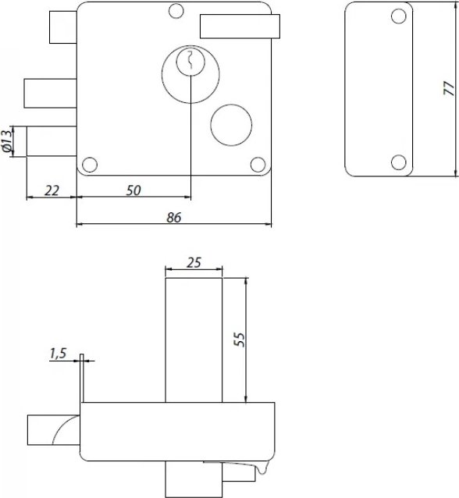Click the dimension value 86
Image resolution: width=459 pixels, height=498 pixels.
click(174, 218)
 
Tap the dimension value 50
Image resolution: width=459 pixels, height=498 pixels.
click(133, 190)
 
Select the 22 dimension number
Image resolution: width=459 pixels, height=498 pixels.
click(52, 191)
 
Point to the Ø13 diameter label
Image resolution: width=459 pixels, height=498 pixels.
click(7, 141)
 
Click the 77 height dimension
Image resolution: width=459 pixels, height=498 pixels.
click(450, 88)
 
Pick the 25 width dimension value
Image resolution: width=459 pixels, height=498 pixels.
click(194, 262)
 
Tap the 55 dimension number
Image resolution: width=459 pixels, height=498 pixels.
click(240, 340)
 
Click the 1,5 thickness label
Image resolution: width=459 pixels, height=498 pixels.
click(58, 353)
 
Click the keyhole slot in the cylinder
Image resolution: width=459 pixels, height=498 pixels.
click(190, 60)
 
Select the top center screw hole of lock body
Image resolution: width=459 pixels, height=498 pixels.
click(176, 11)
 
